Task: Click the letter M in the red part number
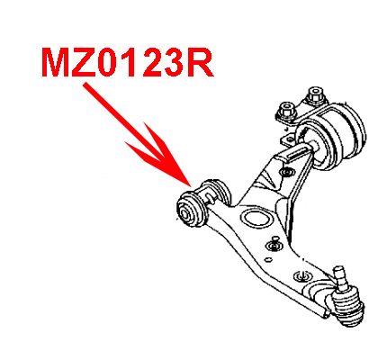[x=56, y=62]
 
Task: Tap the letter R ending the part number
[x=201, y=62]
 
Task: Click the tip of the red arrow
[x=190, y=187]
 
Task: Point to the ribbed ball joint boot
[x=347, y=308]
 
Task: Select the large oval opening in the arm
[x=257, y=218]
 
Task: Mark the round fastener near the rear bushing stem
[x=285, y=172]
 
